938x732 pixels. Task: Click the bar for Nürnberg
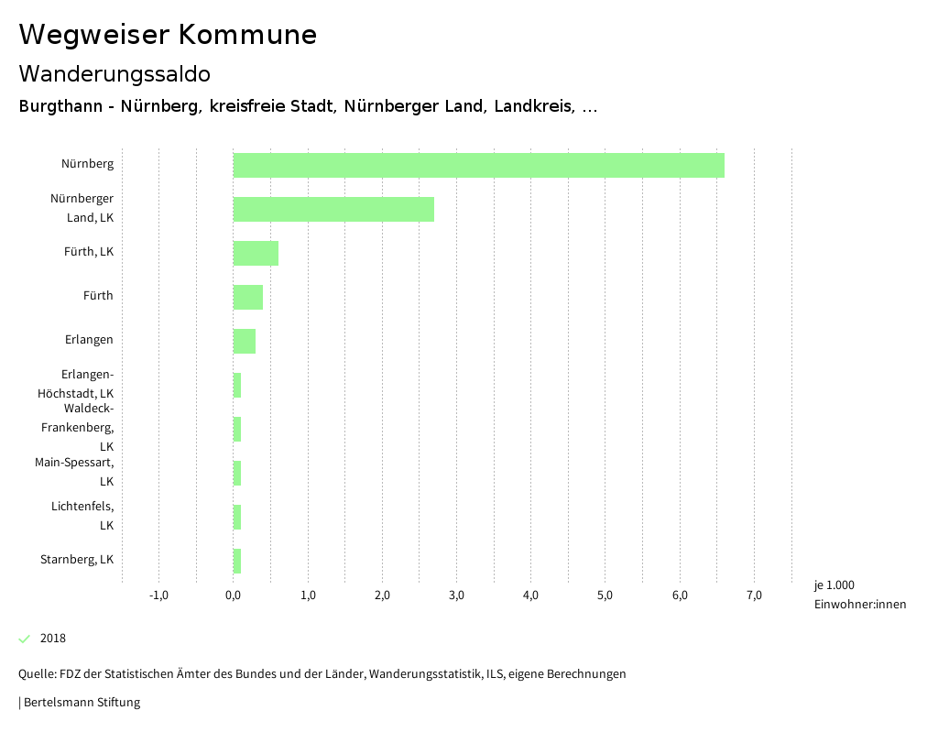point(478,165)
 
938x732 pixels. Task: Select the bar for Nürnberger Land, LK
point(333,209)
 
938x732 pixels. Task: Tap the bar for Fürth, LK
point(256,253)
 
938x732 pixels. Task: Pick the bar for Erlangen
point(245,341)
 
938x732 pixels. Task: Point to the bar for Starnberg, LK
point(237,561)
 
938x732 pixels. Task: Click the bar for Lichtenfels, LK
point(237,517)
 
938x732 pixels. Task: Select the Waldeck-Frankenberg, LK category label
point(78,428)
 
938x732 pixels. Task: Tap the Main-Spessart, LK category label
point(74,471)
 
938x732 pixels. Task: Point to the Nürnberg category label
point(88,164)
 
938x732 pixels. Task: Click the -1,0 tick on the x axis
point(158,595)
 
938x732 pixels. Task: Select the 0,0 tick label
point(234,595)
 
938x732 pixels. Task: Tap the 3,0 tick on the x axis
point(456,595)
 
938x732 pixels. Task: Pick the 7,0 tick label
point(754,595)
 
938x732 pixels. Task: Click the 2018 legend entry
point(53,639)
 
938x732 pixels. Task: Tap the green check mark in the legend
point(25,639)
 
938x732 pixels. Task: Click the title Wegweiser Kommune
point(168,35)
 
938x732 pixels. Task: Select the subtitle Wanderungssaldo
point(115,73)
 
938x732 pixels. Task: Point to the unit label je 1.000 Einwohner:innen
point(859,595)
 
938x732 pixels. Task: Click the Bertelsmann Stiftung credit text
point(81,703)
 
